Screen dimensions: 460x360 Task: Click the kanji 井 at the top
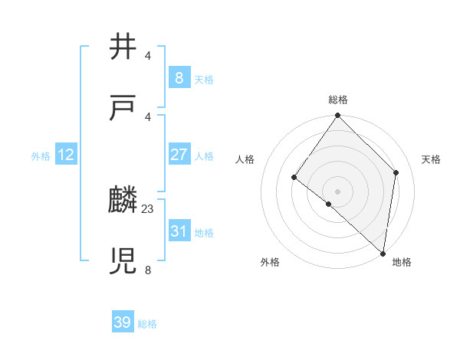[x=123, y=47]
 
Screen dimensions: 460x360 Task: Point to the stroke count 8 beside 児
[x=148, y=269]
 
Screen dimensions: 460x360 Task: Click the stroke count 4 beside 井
[x=148, y=55]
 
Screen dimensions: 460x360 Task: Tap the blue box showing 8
[x=179, y=77]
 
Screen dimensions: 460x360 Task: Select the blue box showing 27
[x=179, y=155]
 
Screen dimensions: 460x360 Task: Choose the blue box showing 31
[x=179, y=231]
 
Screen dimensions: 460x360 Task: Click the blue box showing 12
[x=66, y=155]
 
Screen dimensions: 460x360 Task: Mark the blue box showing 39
[x=123, y=322]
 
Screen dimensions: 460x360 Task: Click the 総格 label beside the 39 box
[x=147, y=324]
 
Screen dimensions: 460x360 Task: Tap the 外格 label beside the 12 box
[x=41, y=156]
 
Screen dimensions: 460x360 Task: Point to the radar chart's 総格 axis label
[x=338, y=100]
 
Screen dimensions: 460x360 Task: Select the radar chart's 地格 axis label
[x=402, y=262]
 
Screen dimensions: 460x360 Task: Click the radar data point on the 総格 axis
[x=338, y=116]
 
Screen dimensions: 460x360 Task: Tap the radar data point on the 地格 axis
[x=383, y=253]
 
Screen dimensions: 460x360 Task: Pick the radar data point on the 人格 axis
[x=294, y=178]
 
